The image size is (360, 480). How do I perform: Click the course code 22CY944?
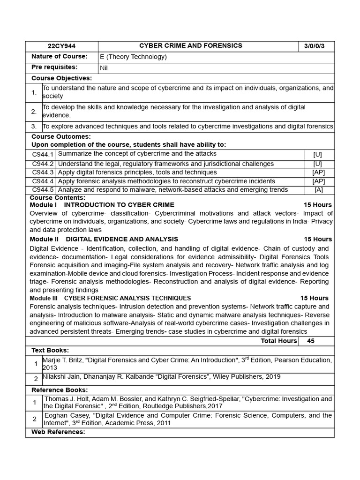[x=61, y=46]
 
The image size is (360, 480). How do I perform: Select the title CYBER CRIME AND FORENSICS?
[x=191, y=45]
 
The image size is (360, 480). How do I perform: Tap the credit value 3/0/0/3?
[x=317, y=46]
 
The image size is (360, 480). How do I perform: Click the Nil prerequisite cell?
[x=104, y=67]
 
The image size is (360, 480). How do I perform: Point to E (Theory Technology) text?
[x=133, y=57]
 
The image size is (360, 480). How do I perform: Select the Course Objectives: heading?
[x=61, y=78]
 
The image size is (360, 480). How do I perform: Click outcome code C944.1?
[x=43, y=154]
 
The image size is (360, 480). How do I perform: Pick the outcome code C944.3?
[x=43, y=172]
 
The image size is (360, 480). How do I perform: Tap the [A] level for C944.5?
[x=318, y=190]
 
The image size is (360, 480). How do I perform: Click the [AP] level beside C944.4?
[x=318, y=181]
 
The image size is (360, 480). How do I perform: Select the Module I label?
[x=43, y=205]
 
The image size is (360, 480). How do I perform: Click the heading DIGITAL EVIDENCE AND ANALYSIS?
[x=122, y=239]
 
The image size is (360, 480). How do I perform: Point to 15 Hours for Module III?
[x=314, y=298]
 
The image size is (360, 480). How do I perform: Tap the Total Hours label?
[x=279, y=341]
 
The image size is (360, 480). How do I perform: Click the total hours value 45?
[x=311, y=341]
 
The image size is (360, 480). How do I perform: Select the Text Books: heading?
[x=50, y=350]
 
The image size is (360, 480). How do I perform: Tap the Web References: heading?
[x=58, y=432]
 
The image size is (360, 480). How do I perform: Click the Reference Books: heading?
[x=60, y=390]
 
